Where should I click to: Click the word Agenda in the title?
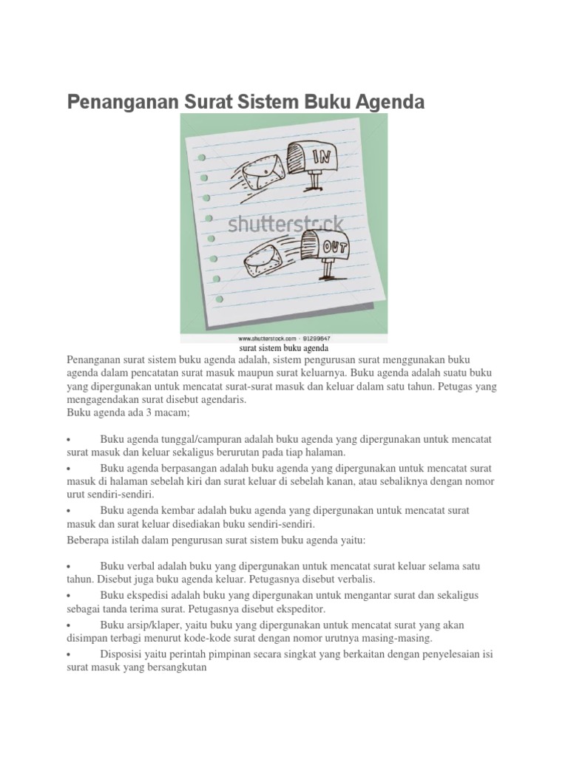(388, 102)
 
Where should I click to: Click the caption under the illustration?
(283, 347)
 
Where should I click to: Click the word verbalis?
(351, 579)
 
